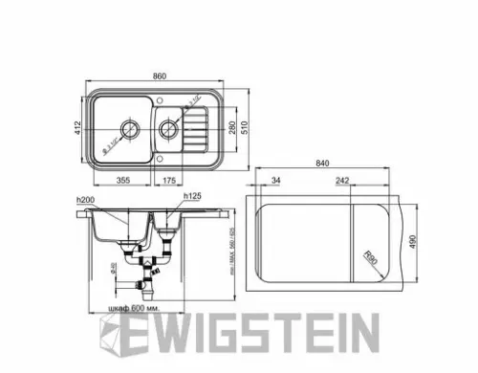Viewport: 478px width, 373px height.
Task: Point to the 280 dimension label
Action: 232,127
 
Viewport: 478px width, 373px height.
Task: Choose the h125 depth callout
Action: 190,197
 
